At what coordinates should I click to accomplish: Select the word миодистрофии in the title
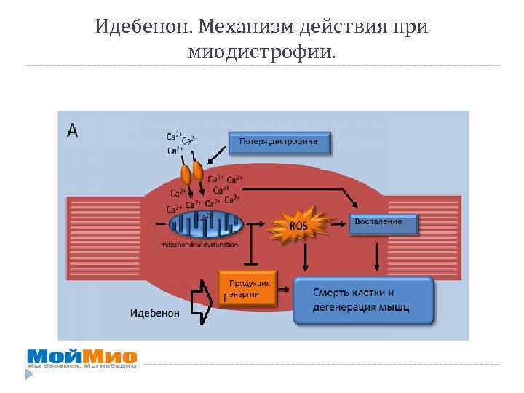[259, 52]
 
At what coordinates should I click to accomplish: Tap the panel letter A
[74, 130]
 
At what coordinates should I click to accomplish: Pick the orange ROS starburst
[298, 226]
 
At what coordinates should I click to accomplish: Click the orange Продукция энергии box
[249, 288]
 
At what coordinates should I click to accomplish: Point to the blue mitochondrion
[205, 224]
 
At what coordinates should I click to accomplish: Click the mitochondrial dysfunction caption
[199, 245]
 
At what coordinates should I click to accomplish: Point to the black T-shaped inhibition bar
[250, 244]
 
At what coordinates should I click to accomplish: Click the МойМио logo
[82, 357]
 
